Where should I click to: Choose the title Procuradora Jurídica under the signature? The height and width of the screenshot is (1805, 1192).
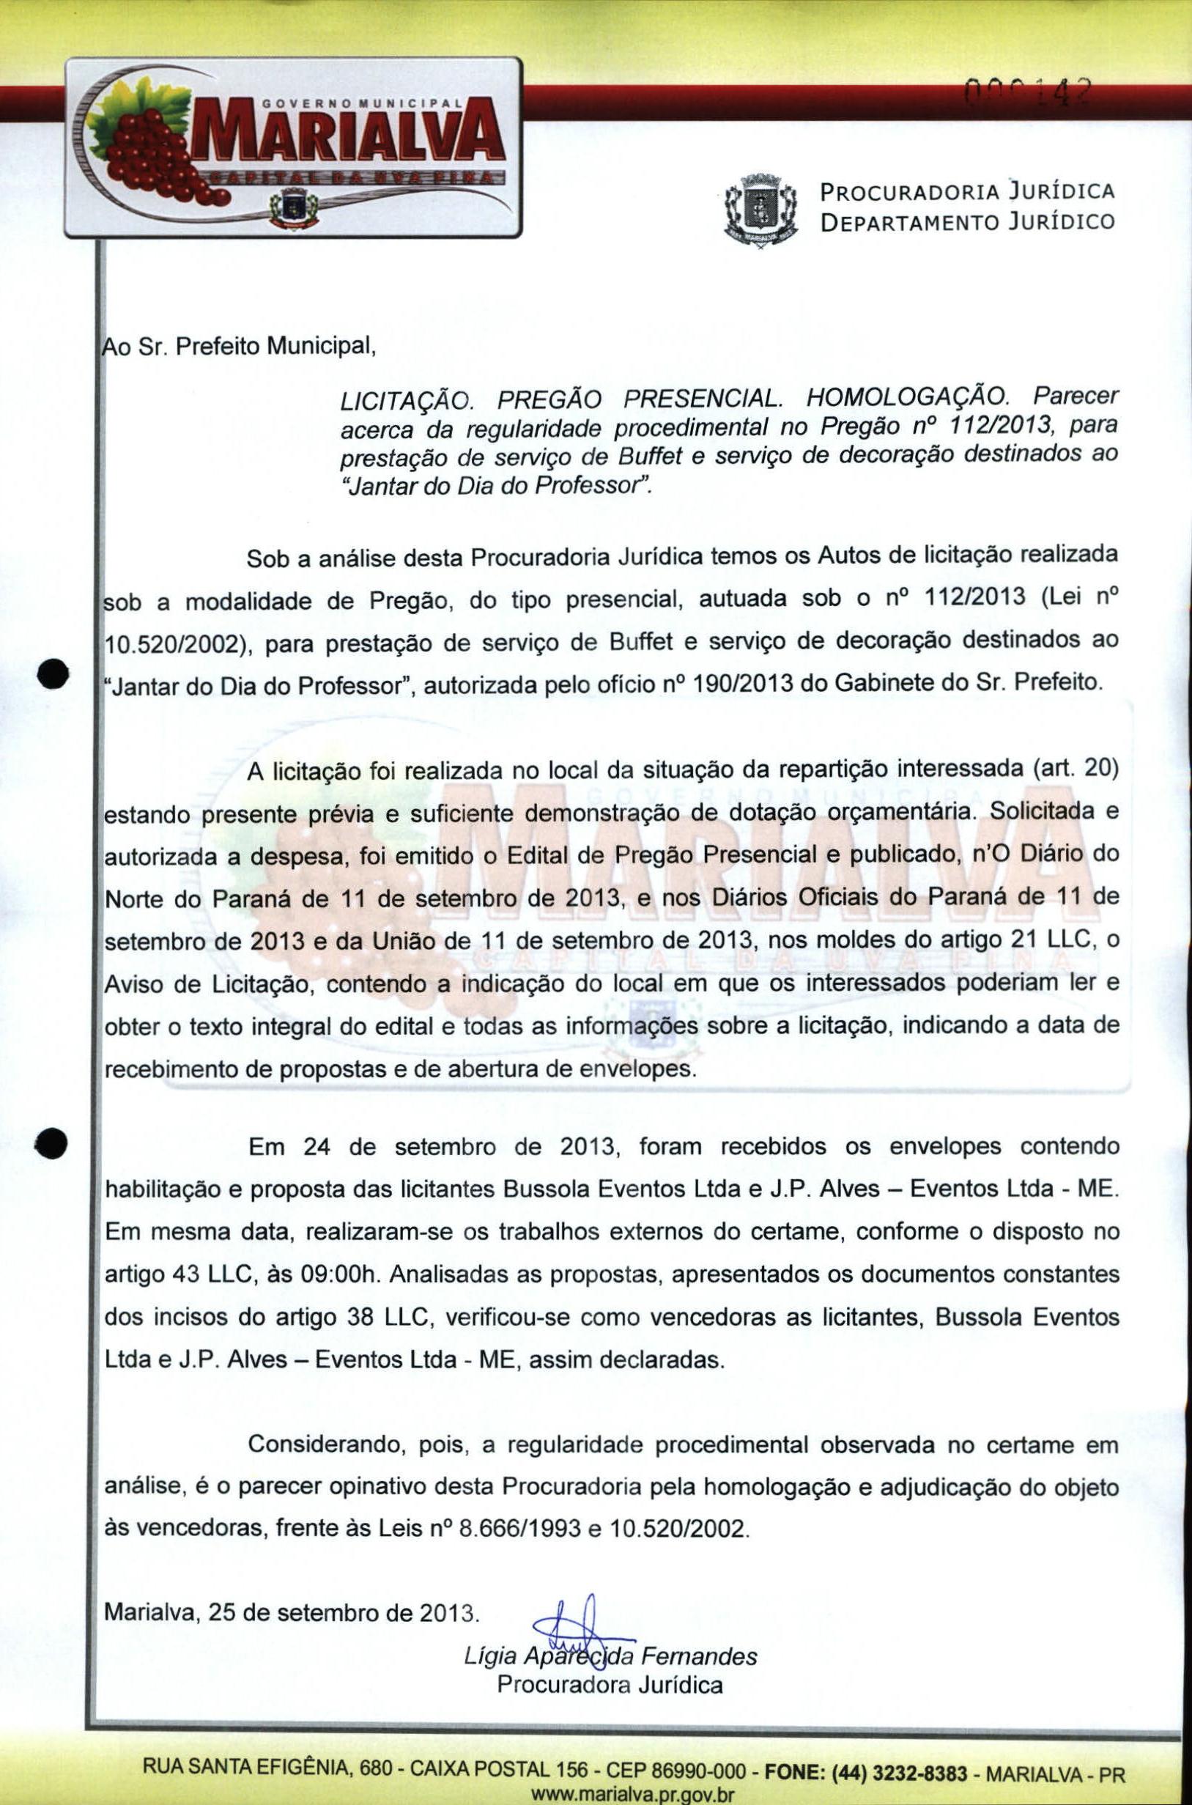pyautogui.click(x=610, y=1684)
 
